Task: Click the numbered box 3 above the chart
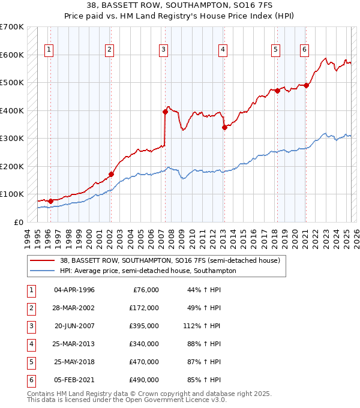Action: coord(163,50)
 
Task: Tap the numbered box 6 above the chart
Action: coord(305,50)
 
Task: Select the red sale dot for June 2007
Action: coord(165,112)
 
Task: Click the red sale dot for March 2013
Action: coord(224,127)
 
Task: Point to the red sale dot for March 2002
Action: coord(111,174)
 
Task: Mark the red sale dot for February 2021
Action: coord(306,85)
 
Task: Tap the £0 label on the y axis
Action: coord(18,222)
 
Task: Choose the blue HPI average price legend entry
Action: coord(148,271)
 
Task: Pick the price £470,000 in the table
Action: coord(145,362)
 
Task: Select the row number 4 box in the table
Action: coord(31,344)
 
